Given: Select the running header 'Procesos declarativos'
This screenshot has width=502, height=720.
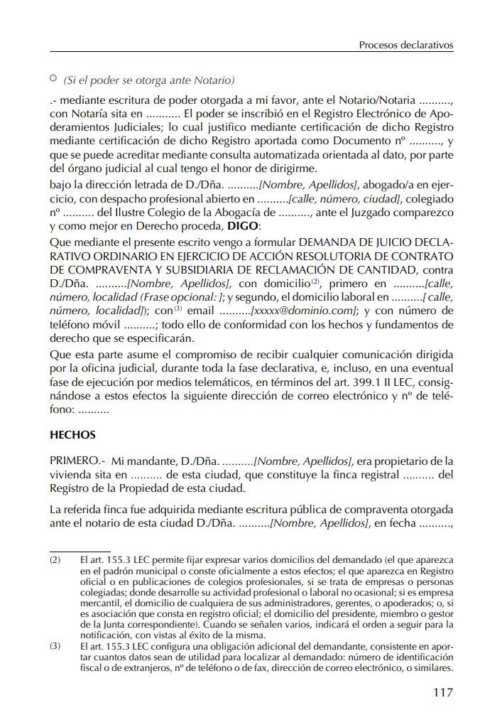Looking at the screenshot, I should [x=406, y=45].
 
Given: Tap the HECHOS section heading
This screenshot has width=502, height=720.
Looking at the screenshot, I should [x=72, y=434].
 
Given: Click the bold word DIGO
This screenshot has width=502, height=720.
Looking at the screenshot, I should [x=243, y=225].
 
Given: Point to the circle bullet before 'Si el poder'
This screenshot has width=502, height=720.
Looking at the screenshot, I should [x=53, y=78].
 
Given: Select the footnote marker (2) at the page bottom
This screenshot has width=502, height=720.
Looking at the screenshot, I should [x=55, y=560].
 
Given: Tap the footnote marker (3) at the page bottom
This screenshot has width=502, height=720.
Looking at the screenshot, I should [x=55, y=646].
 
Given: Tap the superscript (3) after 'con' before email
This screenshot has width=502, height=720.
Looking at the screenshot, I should [x=179, y=308].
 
